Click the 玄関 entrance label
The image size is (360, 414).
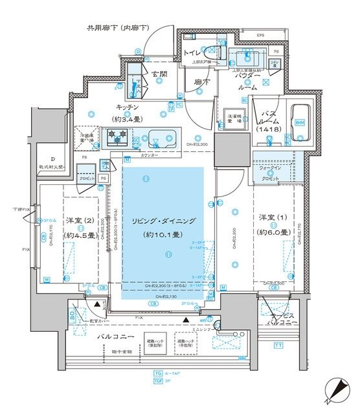[161, 74]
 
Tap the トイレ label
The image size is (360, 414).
[191, 52]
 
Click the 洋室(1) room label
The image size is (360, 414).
[271, 224]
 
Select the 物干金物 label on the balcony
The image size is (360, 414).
[121, 352]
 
